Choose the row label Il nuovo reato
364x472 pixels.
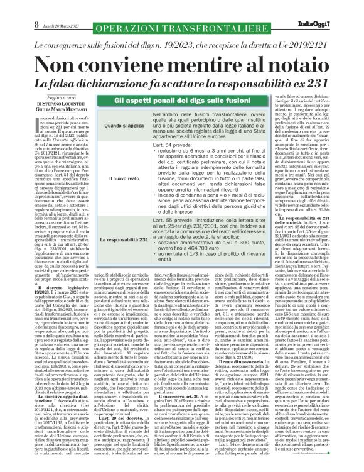117,178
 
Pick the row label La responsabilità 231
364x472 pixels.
117,239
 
